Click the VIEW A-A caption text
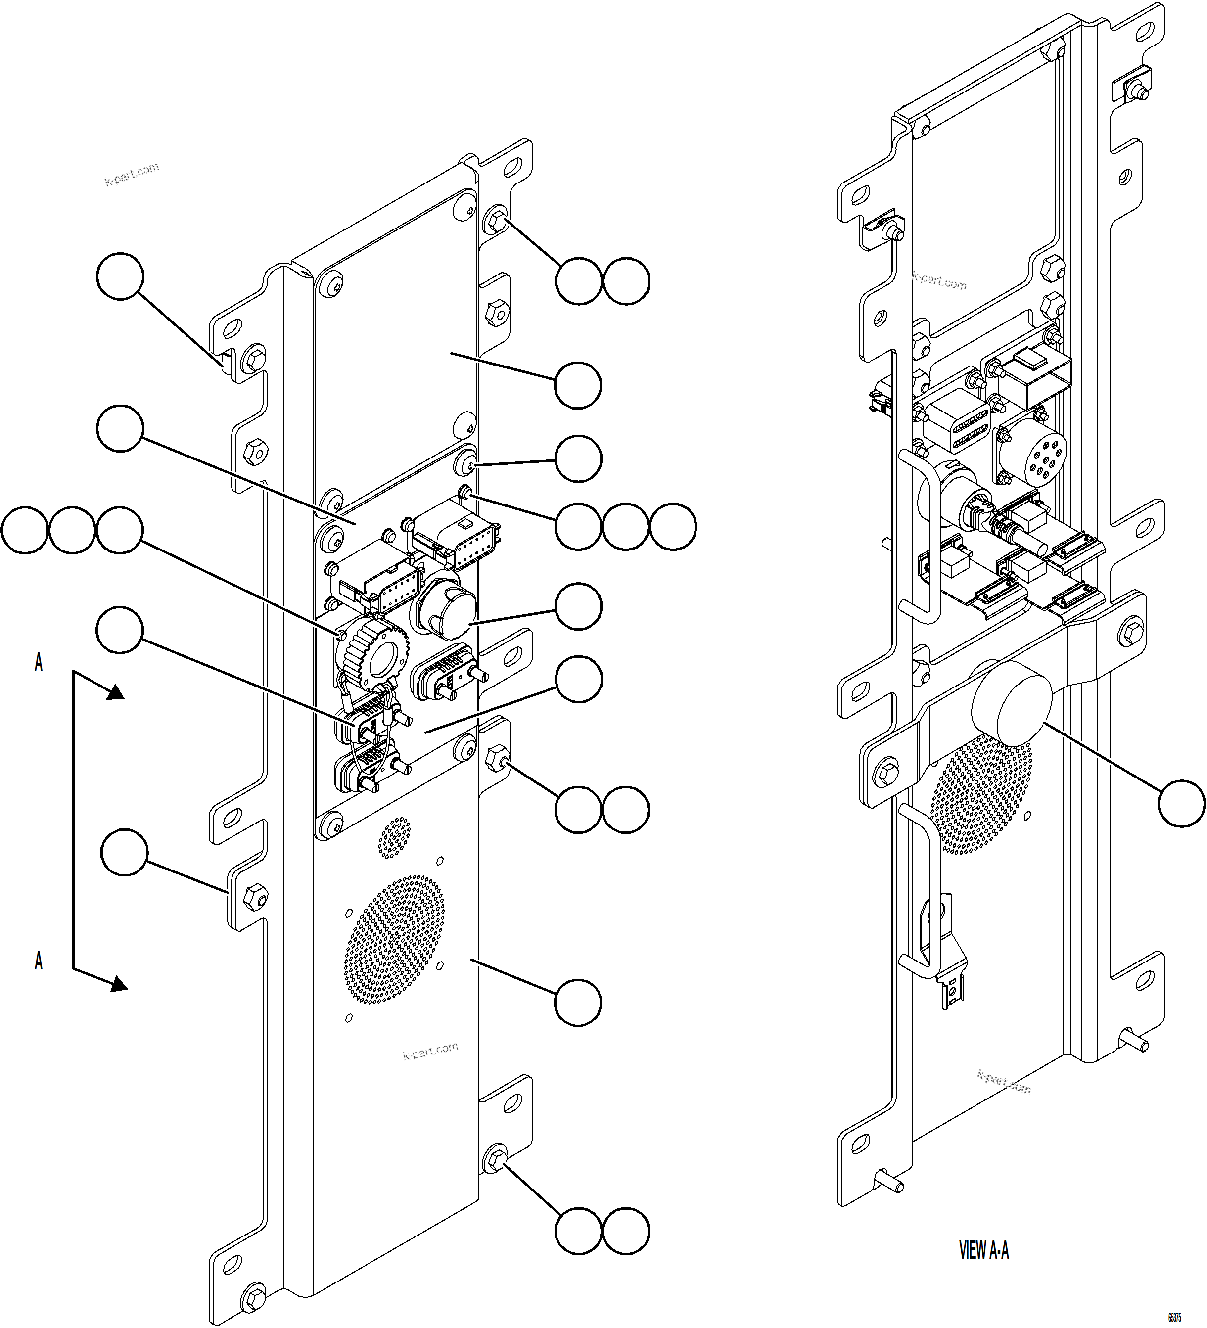pyautogui.click(x=983, y=1250)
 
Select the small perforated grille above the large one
pyautogui.click(x=394, y=837)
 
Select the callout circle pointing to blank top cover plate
pyautogui.click(x=578, y=385)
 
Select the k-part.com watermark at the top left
pyautogui.click(x=132, y=174)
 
